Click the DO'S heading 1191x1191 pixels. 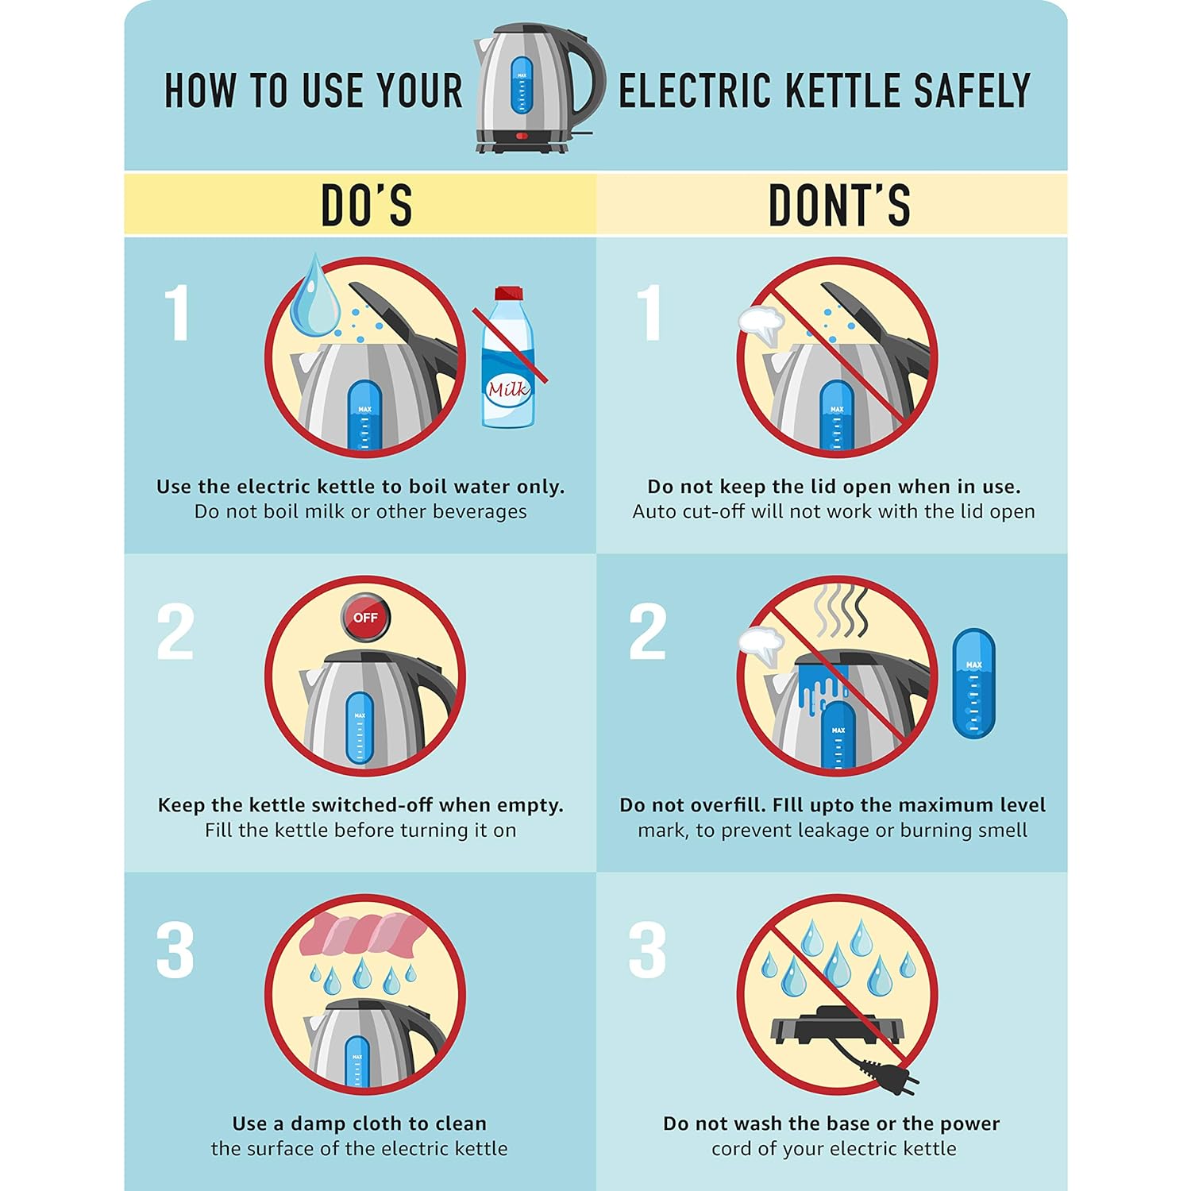click(366, 205)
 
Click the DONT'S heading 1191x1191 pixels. click(839, 205)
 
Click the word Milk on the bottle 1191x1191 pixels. click(508, 389)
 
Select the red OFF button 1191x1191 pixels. click(365, 617)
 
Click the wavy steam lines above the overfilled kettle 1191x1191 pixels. click(841, 611)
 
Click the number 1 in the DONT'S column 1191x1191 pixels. click(650, 313)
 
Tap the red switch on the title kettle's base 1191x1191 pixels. click(522, 136)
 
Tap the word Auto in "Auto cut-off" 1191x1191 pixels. click(653, 511)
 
